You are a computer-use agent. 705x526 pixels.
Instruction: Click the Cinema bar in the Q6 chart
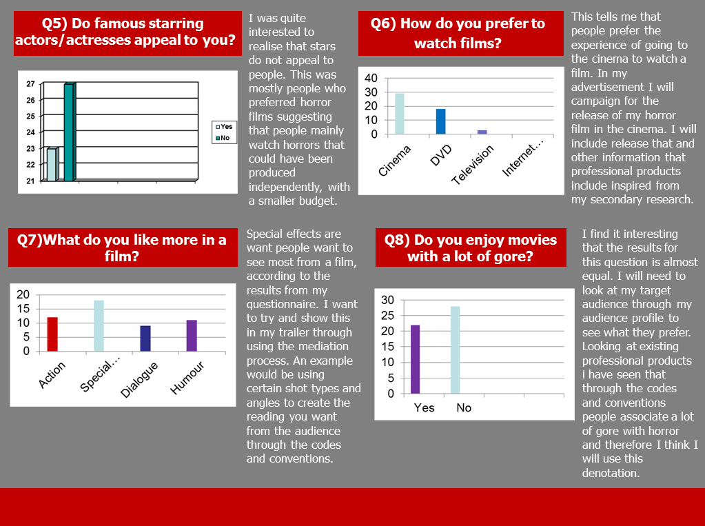click(x=400, y=114)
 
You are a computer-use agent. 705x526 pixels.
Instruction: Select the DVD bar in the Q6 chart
click(x=440, y=121)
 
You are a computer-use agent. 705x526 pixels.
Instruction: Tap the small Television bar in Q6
click(x=482, y=132)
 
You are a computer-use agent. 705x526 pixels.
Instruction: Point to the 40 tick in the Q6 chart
click(x=371, y=77)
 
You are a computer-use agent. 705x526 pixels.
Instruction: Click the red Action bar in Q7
click(x=52, y=334)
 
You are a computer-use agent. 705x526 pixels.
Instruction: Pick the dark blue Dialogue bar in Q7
click(x=145, y=338)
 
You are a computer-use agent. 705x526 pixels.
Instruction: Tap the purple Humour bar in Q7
click(x=192, y=336)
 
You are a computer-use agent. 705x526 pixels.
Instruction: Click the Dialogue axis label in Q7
click(x=140, y=379)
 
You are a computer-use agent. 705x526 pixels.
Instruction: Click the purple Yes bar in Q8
click(x=416, y=359)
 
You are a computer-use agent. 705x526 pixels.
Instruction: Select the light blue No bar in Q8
click(x=455, y=350)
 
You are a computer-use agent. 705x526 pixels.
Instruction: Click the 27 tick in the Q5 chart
click(x=30, y=84)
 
